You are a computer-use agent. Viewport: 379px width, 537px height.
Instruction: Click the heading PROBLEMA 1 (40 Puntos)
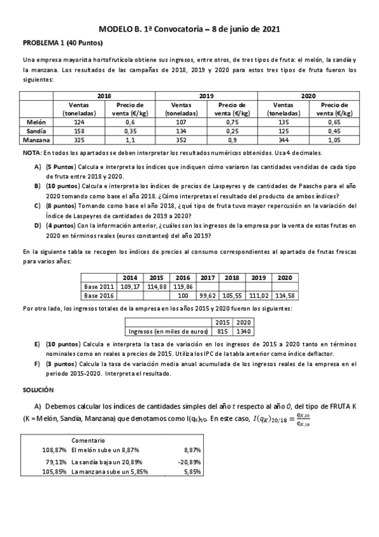click(62, 43)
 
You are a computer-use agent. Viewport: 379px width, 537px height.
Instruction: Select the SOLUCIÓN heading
click(38, 390)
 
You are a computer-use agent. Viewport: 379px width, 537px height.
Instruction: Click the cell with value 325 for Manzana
click(78, 140)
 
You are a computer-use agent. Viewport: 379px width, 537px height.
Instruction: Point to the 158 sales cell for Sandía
click(78, 130)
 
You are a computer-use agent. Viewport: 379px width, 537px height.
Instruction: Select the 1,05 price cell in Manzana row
click(333, 140)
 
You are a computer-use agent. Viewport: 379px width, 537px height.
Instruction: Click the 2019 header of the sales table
click(206, 95)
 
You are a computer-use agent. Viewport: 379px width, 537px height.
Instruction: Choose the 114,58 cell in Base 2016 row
click(284, 295)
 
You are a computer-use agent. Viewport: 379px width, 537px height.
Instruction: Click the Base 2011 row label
click(99, 286)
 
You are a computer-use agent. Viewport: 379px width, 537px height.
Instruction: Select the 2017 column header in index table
click(207, 277)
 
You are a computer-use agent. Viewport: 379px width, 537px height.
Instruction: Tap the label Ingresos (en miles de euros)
click(168, 331)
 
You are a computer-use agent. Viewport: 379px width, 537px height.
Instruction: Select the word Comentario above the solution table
click(88, 440)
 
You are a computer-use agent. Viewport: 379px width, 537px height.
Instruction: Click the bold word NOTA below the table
click(31, 153)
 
